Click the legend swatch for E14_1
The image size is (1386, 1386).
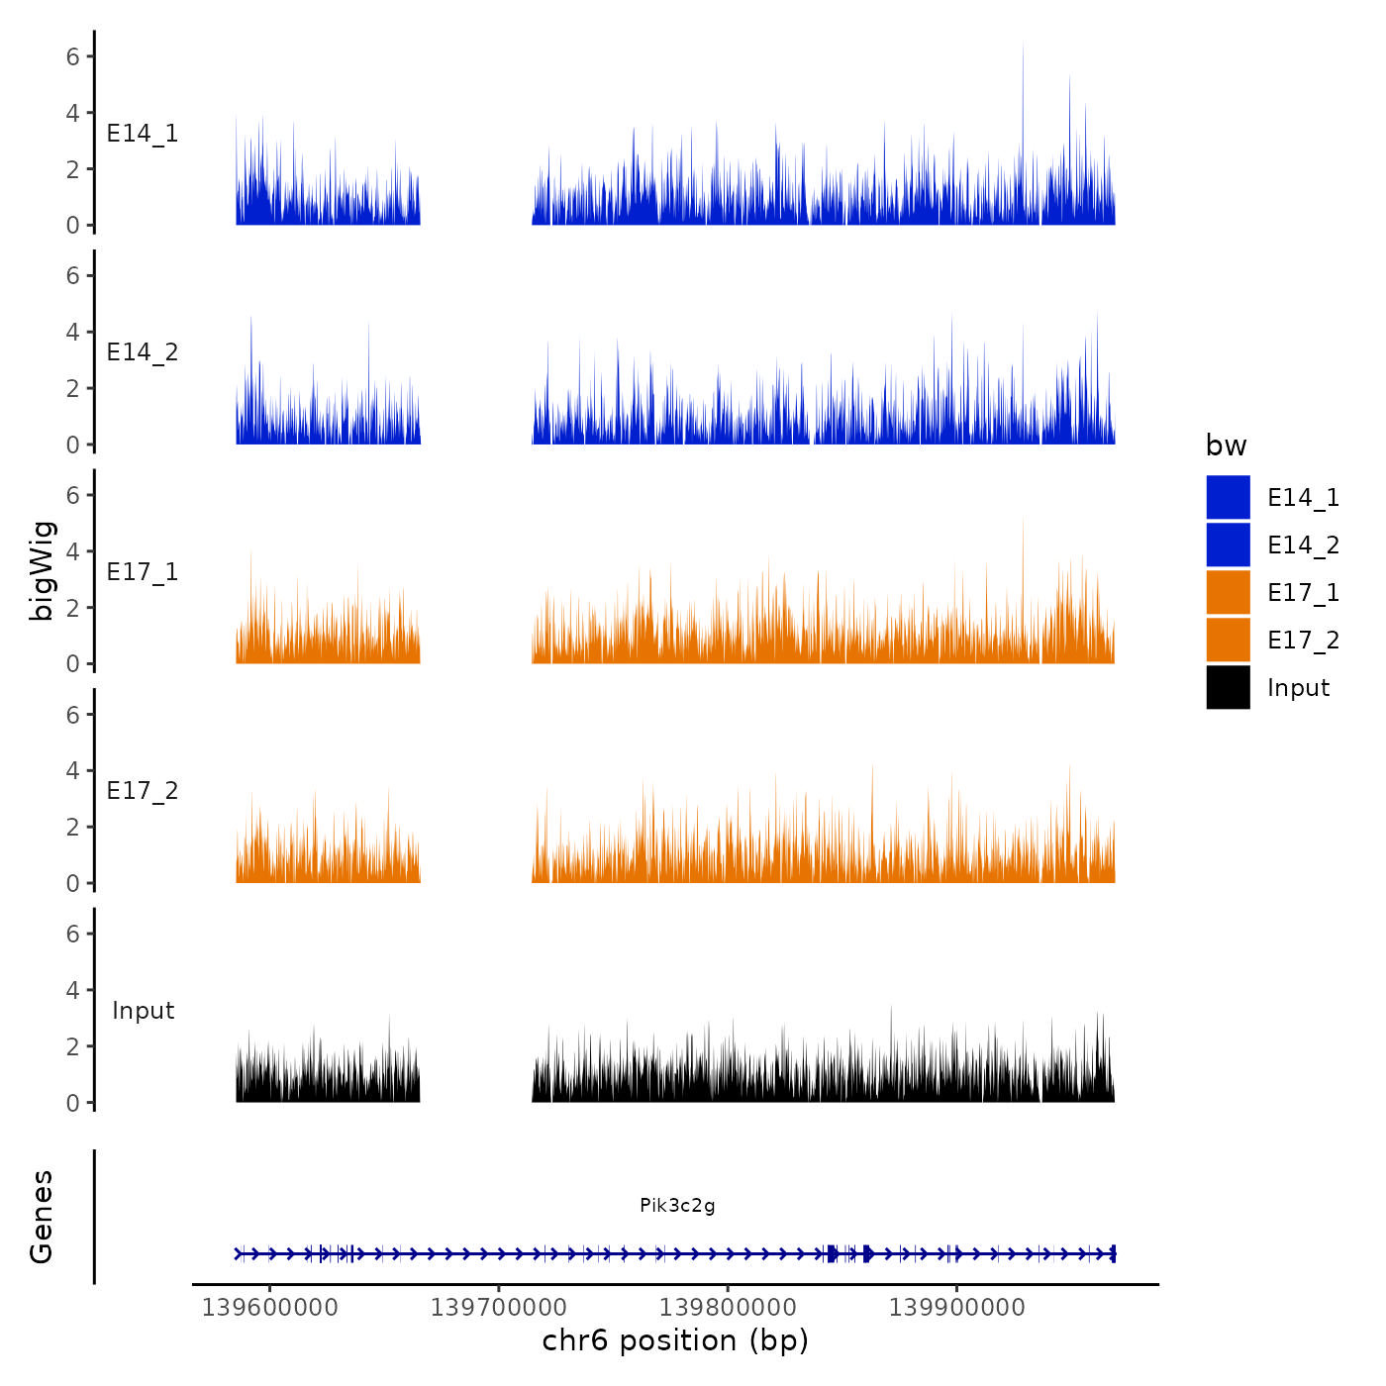pos(1228,497)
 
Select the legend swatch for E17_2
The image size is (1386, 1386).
pos(1228,640)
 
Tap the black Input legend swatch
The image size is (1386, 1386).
pos(1228,687)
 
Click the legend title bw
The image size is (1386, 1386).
pos(1226,445)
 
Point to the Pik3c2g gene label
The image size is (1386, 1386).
pos(677,1205)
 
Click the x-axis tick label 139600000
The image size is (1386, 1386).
pos(269,1308)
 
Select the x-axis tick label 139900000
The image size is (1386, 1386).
pos(956,1308)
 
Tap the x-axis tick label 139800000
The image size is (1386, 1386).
pos(728,1308)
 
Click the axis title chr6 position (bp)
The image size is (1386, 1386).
pos(675,1340)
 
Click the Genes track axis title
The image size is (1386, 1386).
pos(42,1217)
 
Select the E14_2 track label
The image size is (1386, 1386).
pos(143,352)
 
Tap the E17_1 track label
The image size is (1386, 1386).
pos(143,572)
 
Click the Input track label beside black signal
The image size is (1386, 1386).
pos(143,1011)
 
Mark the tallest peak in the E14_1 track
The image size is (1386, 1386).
pos(1023,46)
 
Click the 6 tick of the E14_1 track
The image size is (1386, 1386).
pos(73,56)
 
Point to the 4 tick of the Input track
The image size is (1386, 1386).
pos(73,990)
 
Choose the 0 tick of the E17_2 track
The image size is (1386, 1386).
pos(73,883)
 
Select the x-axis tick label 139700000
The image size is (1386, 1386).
pos(498,1308)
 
